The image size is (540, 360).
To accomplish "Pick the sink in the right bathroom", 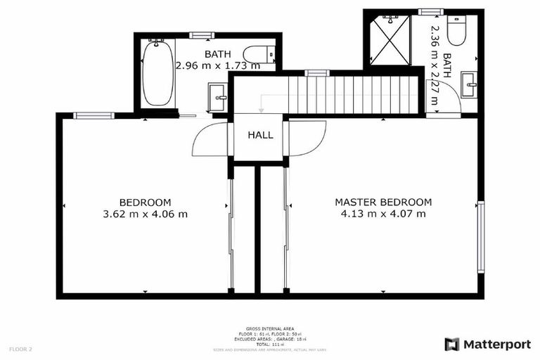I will [x=468, y=86].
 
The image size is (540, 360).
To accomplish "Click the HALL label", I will [x=259, y=135].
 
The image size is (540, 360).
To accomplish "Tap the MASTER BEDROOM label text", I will [x=383, y=202].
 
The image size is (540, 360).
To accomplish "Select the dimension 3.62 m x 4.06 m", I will [x=145, y=214].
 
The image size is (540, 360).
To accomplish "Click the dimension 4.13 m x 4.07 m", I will [x=383, y=214].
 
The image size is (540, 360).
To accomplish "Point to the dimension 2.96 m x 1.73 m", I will [x=217, y=66].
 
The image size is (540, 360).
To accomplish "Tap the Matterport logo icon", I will [x=452, y=344].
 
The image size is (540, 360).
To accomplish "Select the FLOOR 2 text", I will [x=20, y=349].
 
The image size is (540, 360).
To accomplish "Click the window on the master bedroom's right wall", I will [x=481, y=236].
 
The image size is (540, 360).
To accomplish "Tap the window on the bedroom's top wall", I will [x=94, y=115].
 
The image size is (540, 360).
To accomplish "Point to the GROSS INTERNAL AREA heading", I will [x=269, y=328].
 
